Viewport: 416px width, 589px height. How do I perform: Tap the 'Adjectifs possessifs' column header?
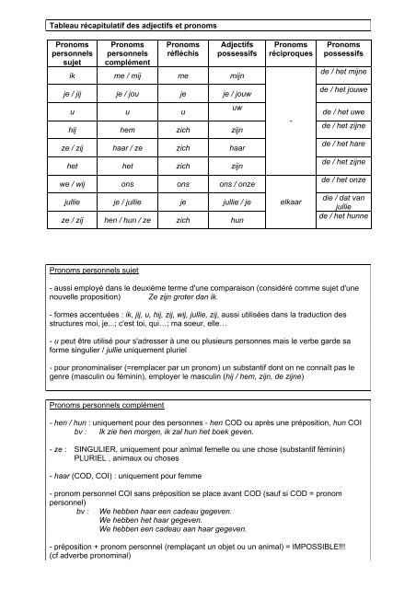[237, 52]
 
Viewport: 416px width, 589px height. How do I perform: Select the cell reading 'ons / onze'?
[237, 182]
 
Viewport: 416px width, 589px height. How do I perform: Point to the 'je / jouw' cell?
[237, 95]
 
